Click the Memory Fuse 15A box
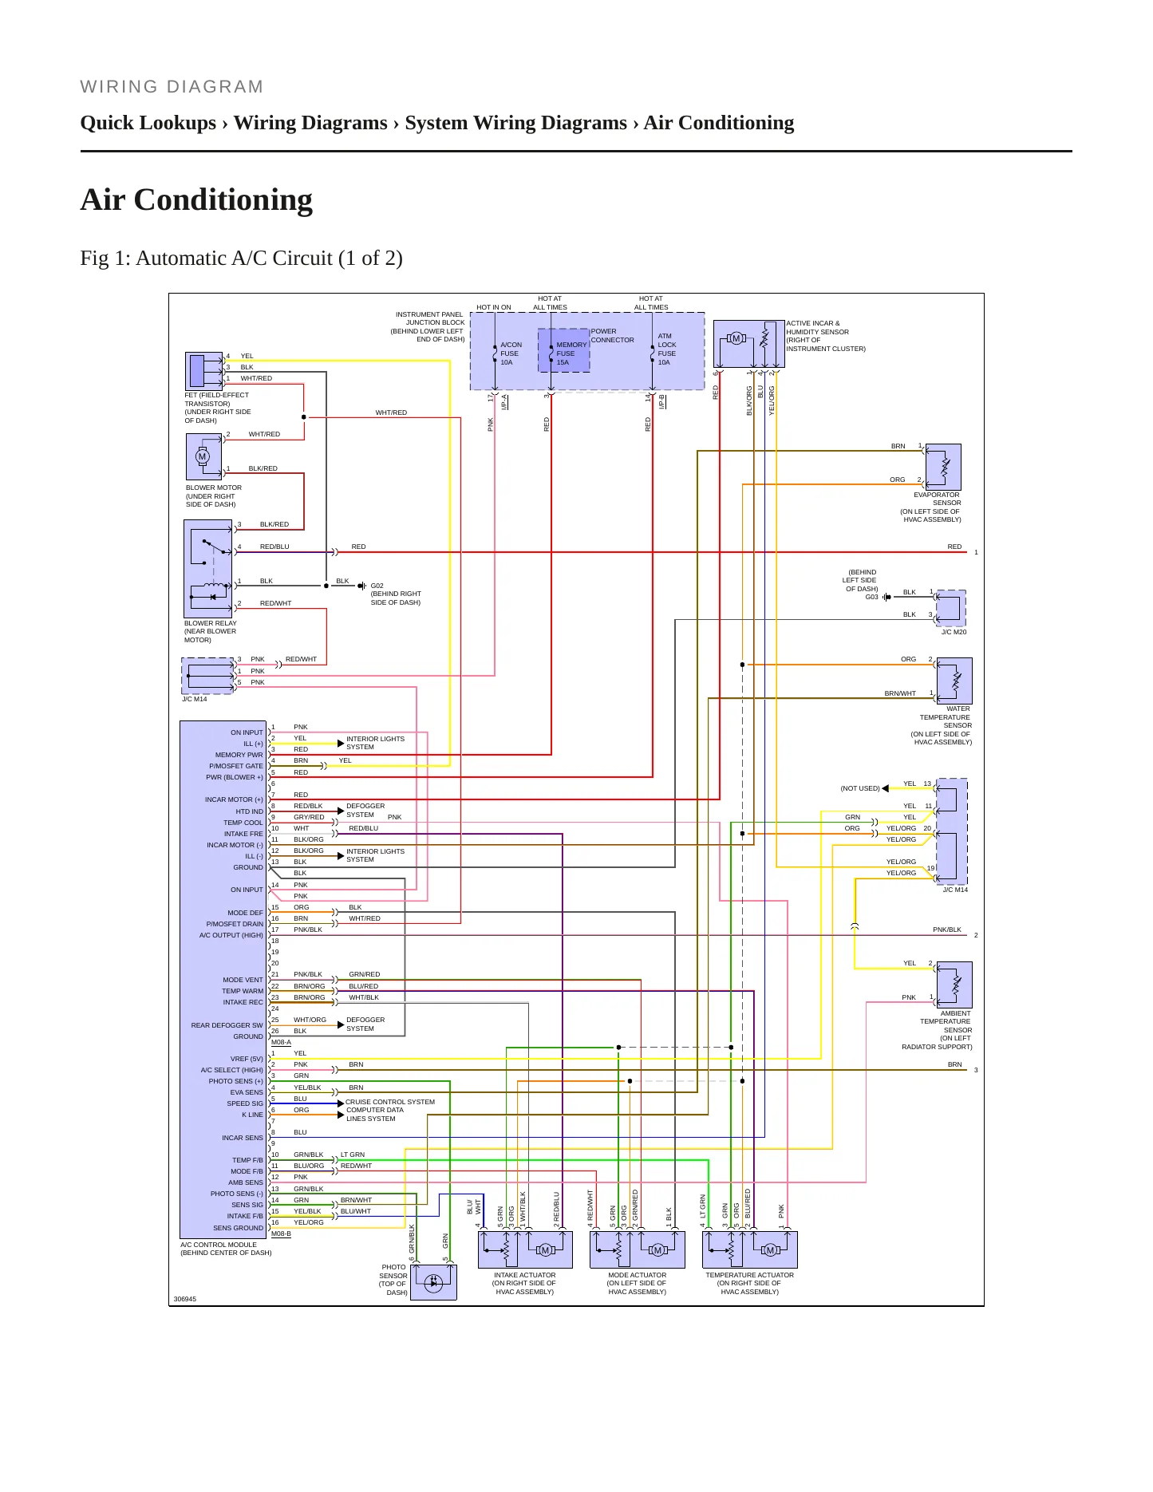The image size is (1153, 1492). coord(564,350)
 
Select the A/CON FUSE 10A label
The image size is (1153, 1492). coord(511,353)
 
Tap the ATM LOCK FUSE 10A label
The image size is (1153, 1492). coord(667,349)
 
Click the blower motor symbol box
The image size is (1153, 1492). coord(203,457)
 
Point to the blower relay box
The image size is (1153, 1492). coord(207,569)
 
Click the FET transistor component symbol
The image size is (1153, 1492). coord(204,371)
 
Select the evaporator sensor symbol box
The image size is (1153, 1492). coord(943,467)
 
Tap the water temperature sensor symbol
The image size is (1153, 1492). coord(954,681)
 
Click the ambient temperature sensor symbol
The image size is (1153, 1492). coord(954,985)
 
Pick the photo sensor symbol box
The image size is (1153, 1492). coord(433,1282)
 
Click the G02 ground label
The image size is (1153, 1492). coord(377,586)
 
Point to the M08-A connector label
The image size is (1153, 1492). coord(281,1042)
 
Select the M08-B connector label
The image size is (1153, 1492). coord(281,1233)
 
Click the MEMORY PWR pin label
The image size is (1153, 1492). coord(239,755)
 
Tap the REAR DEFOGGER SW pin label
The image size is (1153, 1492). coord(227,1025)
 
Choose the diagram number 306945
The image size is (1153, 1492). coord(184,1299)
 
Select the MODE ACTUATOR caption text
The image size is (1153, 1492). coord(637,1275)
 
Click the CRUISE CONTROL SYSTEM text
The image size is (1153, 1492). coord(390,1102)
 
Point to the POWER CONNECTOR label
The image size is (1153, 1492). coord(612,335)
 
